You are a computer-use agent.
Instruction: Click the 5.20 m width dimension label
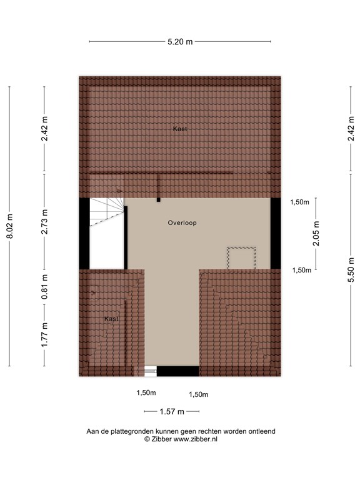pyautogui.click(x=180, y=42)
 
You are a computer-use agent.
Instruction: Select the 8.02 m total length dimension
pyautogui.click(x=9, y=226)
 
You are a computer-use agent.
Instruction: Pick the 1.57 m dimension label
pyautogui.click(x=172, y=411)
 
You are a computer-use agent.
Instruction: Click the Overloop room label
pyautogui.click(x=182, y=222)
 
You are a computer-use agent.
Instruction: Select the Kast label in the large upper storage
pyautogui.click(x=180, y=129)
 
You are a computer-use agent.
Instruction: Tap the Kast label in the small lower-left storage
pyautogui.click(x=111, y=319)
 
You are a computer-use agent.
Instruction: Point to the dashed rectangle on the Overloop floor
pyautogui.click(x=241, y=258)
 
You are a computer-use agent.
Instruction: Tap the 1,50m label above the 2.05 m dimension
pyautogui.click(x=301, y=202)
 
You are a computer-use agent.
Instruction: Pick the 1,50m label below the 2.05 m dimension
pyautogui.click(x=302, y=270)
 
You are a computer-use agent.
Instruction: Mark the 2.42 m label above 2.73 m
pyautogui.click(x=44, y=129)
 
